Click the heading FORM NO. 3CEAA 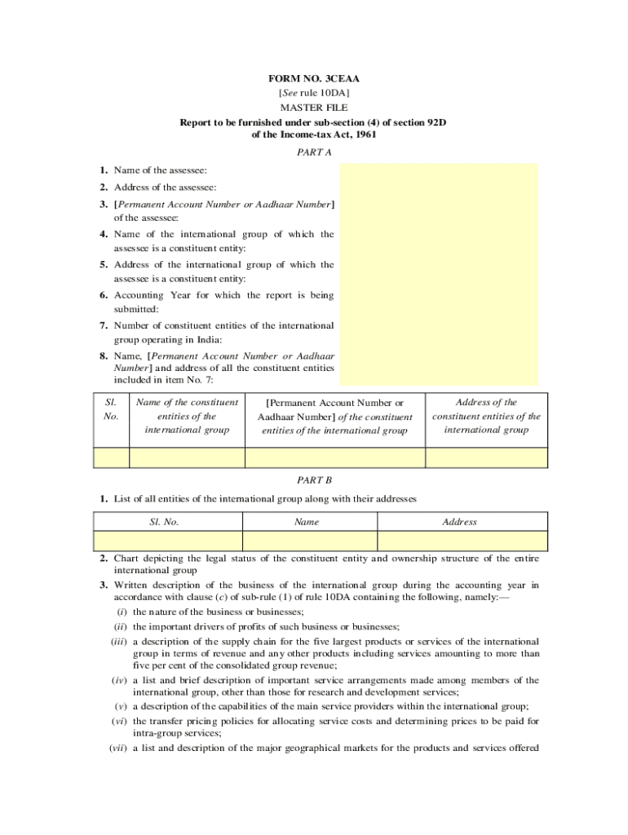(x=314, y=79)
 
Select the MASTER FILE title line (x=314, y=108)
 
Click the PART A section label (x=314, y=152)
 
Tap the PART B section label (x=314, y=481)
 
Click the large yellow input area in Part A (x=439, y=273)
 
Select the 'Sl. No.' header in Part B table (x=168, y=522)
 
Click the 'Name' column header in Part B (x=307, y=522)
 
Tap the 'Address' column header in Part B (x=459, y=522)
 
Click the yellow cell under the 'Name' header (x=310, y=541)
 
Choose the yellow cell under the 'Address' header (x=462, y=541)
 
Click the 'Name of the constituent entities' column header (x=187, y=416)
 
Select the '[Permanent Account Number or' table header (x=336, y=403)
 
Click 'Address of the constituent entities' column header (x=486, y=416)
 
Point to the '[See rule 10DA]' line (x=314, y=94)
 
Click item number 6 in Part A (x=104, y=295)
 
